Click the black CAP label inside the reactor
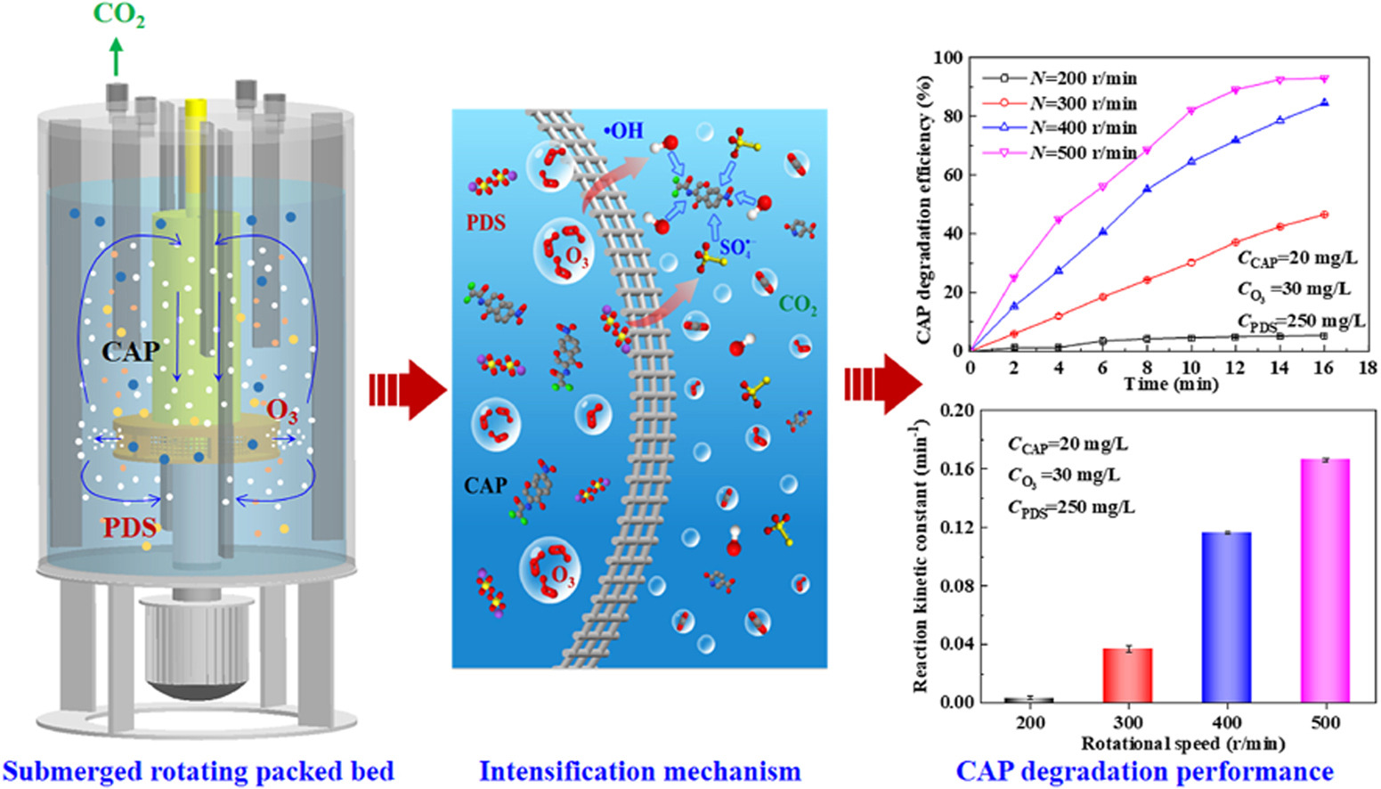(x=130, y=352)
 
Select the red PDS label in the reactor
(x=129, y=527)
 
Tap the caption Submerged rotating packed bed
(x=198, y=770)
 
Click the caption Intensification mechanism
(x=639, y=770)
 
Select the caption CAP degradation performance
(x=1144, y=770)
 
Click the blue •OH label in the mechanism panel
(x=623, y=131)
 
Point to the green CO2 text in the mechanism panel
(x=798, y=305)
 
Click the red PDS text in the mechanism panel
(x=485, y=222)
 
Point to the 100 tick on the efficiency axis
(x=948, y=58)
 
